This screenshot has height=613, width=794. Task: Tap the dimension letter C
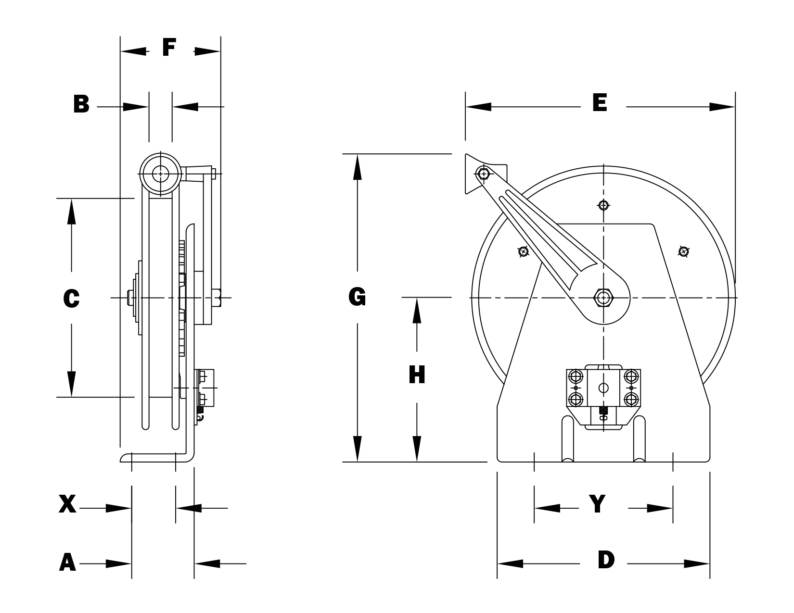point(71,299)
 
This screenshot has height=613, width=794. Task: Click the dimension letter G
point(357,297)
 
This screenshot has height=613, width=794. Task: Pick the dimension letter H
point(417,375)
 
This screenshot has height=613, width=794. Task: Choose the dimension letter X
point(67,505)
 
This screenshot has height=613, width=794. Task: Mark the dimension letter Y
point(597,504)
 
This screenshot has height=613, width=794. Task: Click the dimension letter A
point(67,563)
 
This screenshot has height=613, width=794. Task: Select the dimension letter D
point(606,560)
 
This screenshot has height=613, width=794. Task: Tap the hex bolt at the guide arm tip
point(483,173)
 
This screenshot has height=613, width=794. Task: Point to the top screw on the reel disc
point(603,205)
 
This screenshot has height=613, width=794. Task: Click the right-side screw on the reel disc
point(683,251)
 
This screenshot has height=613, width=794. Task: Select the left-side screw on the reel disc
point(524,251)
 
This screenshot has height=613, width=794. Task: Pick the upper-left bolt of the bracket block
point(576,375)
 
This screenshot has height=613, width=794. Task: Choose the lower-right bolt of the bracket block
point(631,399)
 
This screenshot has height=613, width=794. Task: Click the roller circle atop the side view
point(160,174)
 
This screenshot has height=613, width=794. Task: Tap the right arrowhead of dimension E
point(722,107)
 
